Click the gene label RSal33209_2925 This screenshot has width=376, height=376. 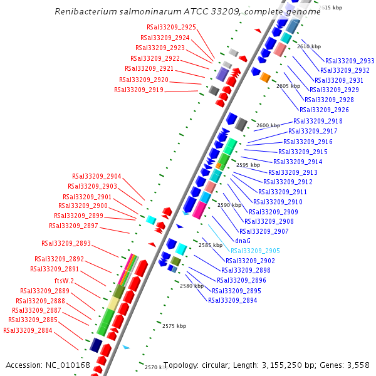[171, 27]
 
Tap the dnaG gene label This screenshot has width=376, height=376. [243, 241]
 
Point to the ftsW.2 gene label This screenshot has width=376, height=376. [64, 280]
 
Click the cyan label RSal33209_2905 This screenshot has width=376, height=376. [255, 251]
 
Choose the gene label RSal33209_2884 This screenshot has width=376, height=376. [28, 330]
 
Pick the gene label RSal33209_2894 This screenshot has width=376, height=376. [232, 300]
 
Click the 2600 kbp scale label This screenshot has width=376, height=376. [267, 125]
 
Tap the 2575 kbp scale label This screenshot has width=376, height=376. [174, 326]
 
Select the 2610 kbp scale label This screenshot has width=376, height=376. [308, 46]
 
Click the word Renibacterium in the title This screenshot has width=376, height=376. [84, 11]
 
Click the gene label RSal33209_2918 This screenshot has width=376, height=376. [318, 121]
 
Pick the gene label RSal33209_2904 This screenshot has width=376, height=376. [97, 176]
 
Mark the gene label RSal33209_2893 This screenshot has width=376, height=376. [66, 243]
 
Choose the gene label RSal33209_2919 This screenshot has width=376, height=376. [138, 90]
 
